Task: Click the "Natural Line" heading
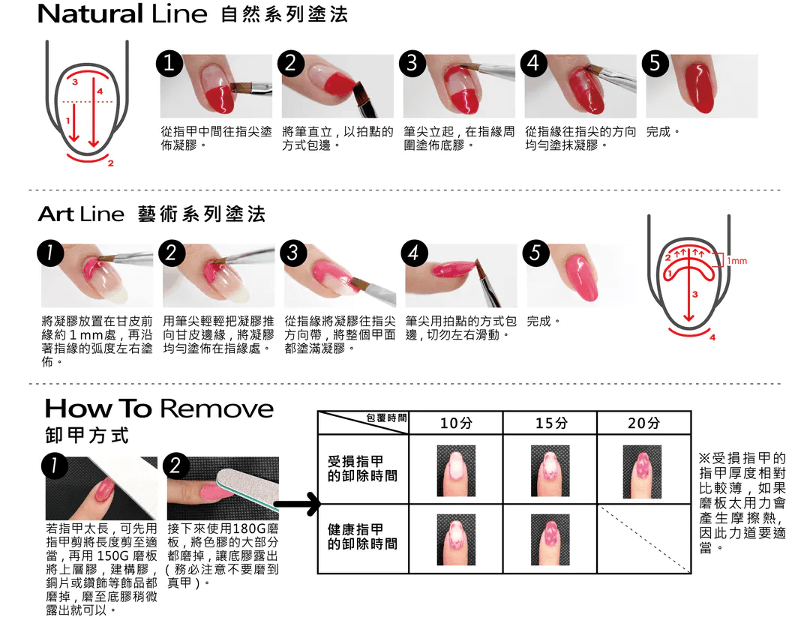[x=122, y=14]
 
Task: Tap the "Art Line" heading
[x=81, y=214]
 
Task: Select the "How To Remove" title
[x=159, y=409]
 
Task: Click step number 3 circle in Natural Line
[x=412, y=63]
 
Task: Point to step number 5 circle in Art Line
[x=535, y=253]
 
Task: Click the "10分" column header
[x=456, y=424]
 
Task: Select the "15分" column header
[x=550, y=424]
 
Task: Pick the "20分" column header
[x=643, y=424]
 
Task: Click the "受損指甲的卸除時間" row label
[x=363, y=469]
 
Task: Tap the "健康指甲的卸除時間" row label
[x=363, y=537]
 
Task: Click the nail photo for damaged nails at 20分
[x=642, y=472]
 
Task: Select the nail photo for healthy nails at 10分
[x=456, y=540]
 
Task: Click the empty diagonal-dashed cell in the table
[x=643, y=538]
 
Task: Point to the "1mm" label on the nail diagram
[x=737, y=261]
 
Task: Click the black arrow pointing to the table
[x=296, y=504]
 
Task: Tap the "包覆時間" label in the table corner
[x=386, y=418]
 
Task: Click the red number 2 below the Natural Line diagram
[x=110, y=163]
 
